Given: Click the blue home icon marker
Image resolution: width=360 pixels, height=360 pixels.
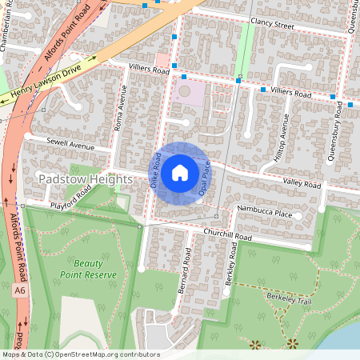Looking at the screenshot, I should click(180, 173).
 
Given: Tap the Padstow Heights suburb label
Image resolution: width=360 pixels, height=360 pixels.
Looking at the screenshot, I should click(84, 179).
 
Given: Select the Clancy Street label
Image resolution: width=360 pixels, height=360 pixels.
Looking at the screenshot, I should click(272, 25).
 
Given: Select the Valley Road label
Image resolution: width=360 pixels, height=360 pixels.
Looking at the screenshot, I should click(301, 185).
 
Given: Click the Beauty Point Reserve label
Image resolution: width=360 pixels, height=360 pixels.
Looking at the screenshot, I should click(88, 269).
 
